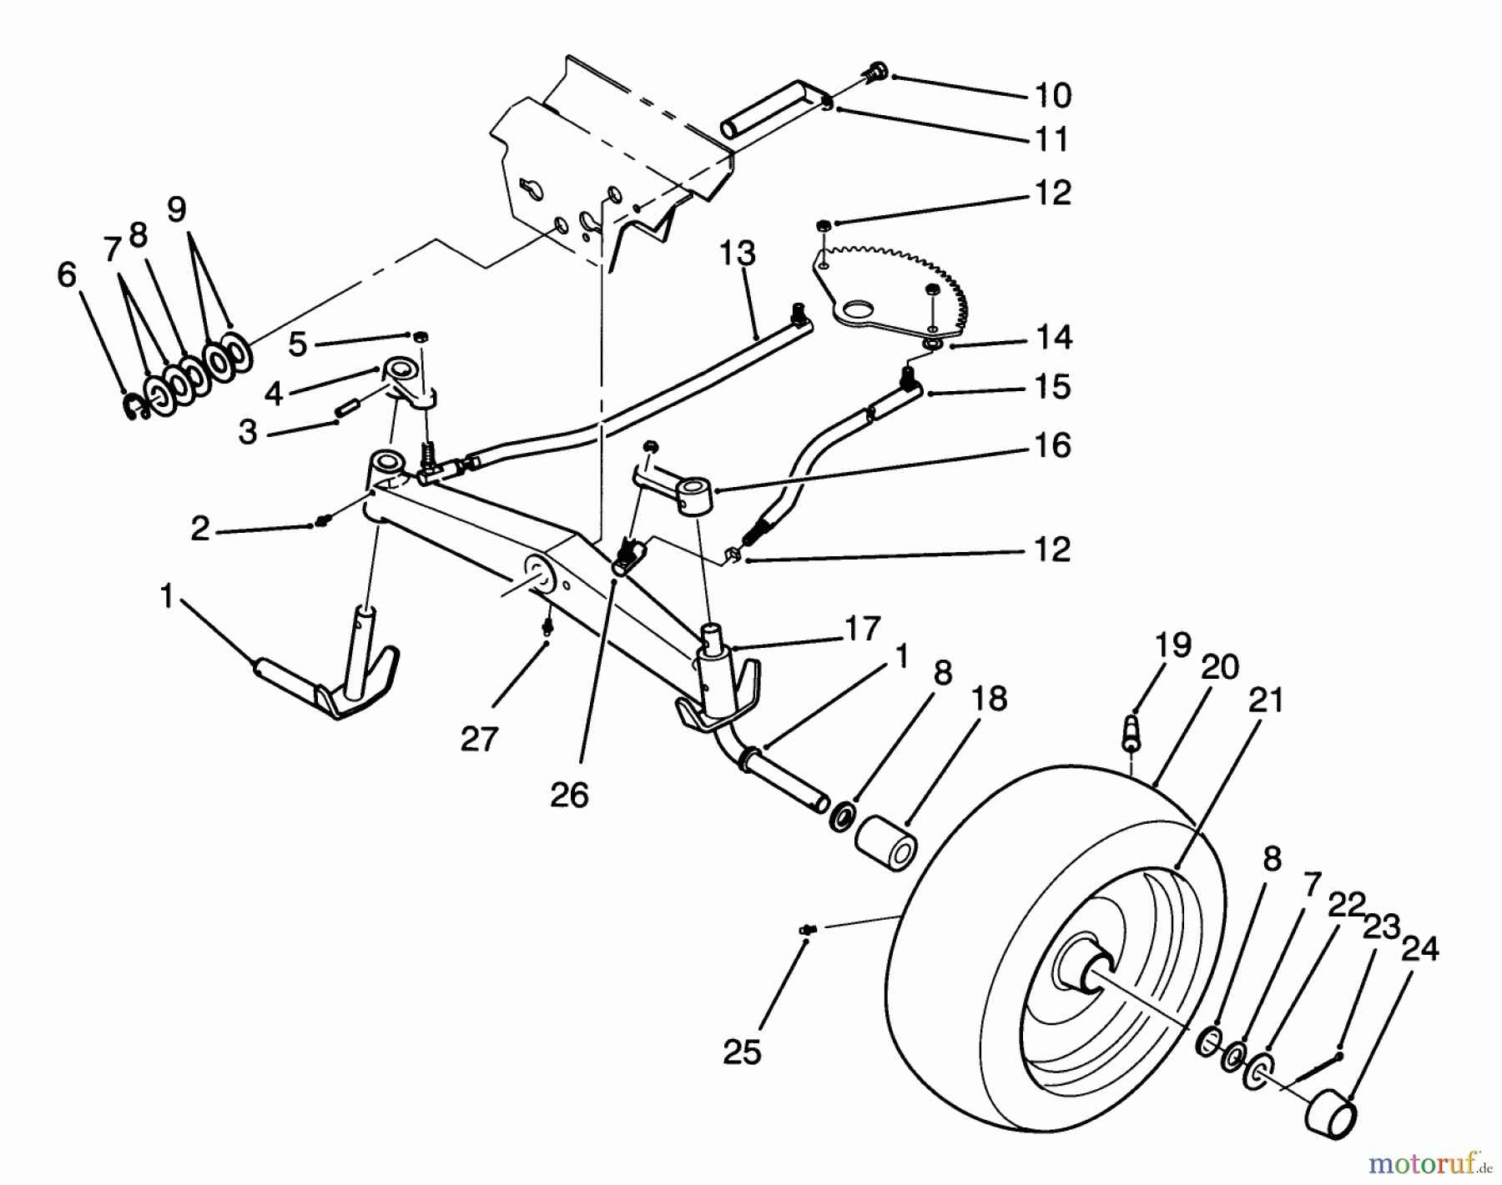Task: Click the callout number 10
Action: (x=1055, y=95)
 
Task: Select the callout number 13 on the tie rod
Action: (x=737, y=253)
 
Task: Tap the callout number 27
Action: (x=479, y=738)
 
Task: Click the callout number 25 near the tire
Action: (x=742, y=1052)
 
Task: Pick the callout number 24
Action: (x=1419, y=949)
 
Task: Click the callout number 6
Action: (x=67, y=274)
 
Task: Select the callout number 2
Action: (x=200, y=528)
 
